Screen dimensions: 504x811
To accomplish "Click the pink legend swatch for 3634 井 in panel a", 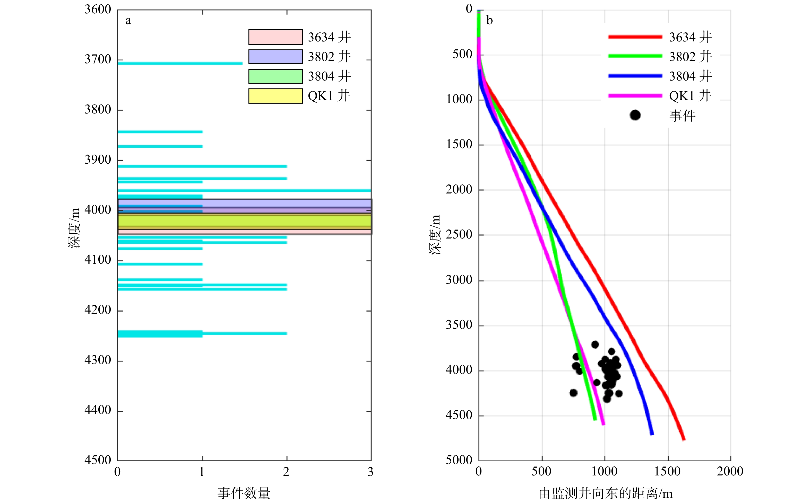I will pyautogui.click(x=275, y=37).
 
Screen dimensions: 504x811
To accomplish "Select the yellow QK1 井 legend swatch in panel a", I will pyautogui.click(x=275, y=96).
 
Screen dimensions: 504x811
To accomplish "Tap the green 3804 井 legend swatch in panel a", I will pyautogui.click(x=275, y=76).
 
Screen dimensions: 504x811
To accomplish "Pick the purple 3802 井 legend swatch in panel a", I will pyautogui.click(x=275, y=57).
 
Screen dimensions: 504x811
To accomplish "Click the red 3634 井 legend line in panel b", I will pyautogui.click(x=635, y=37).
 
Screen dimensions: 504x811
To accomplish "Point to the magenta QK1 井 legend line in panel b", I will pyautogui.click(x=635, y=96).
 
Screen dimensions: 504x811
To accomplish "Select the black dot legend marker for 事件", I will pyautogui.click(x=635, y=115).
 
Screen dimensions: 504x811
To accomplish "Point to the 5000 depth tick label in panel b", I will pyautogui.click(x=459, y=460).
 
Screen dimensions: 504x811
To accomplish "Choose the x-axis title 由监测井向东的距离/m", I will pyautogui.click(x=606, y=494).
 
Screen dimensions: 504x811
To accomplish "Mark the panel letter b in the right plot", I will pyautogui.click(x=489, y=21).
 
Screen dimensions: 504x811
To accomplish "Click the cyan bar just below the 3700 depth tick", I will pyautogui.click(x=180, y=63).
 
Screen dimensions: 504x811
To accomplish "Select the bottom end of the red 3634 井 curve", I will pyautogui.click(x=684, y=439).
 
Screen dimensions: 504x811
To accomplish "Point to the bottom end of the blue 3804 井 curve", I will pyautogui.click(x=652, y=434).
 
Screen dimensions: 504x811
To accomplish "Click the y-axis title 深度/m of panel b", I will pyautogui.click(x=435, y=235).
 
